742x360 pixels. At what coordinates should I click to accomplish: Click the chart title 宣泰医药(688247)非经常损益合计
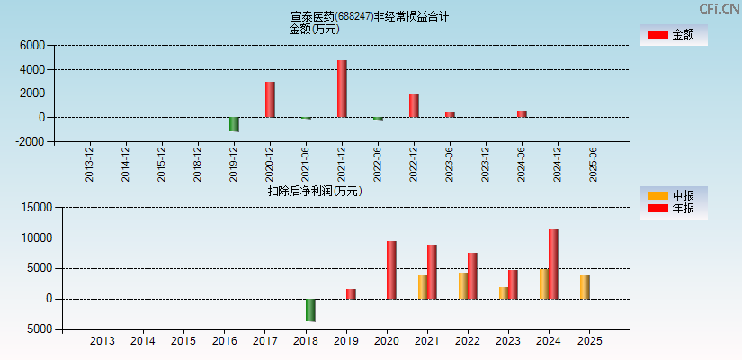pos(370,16)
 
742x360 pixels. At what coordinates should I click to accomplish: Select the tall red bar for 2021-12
pos(342,88)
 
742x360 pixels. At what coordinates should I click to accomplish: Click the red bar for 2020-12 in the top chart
pos(270,99)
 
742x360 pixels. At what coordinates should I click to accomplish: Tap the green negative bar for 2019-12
pos(234,124)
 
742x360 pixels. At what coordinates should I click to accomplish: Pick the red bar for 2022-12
pos(414,105)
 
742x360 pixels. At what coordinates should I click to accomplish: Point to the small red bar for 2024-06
pos(522,113)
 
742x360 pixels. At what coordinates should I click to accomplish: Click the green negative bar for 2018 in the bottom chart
pos(310,310)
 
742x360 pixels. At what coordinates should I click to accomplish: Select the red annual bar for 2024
pos(553,264)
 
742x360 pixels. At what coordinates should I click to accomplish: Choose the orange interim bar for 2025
pos(586,286)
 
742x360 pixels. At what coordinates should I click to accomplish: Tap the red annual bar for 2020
pos(391,270)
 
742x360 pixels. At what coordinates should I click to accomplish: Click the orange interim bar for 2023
pos(505,292)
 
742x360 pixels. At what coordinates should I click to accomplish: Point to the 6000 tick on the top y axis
pos(31,45)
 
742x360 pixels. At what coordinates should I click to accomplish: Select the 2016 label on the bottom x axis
pos(224,341)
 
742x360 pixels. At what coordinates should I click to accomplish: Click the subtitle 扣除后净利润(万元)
pos(314,191)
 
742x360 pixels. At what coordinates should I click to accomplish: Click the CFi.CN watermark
pos(719,8)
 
